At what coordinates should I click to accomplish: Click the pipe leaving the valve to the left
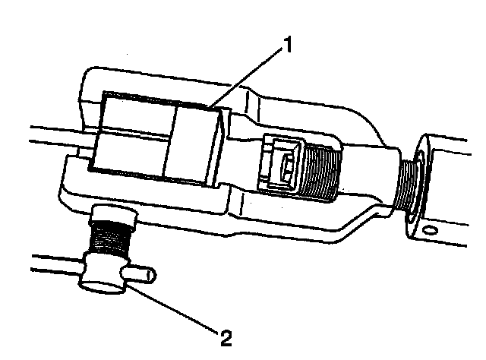pyautogui.click(x=53, y=266)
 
